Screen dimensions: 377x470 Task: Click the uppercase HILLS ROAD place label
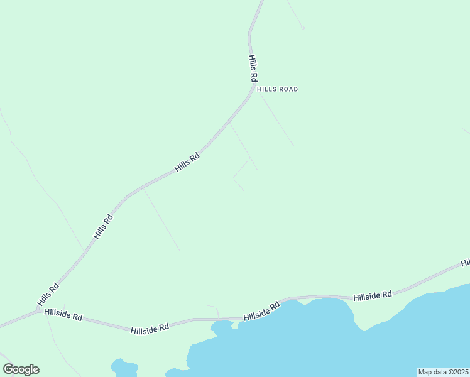point(277,89)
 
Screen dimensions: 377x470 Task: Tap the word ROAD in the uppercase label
point(287,89)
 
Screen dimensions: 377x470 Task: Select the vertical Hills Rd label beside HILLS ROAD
point(253,68)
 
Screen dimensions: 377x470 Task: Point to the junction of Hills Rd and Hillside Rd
point(40,310)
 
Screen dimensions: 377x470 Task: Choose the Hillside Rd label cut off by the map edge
point(466,262)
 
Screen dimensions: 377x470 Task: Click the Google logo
point(21,369)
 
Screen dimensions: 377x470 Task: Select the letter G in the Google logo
point(8,369)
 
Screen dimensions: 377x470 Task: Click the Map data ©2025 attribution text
point(443,372)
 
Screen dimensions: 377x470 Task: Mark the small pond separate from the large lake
point(123,367)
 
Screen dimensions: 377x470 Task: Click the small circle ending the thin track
point(302,28)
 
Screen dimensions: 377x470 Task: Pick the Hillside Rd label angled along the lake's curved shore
point(261,312)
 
